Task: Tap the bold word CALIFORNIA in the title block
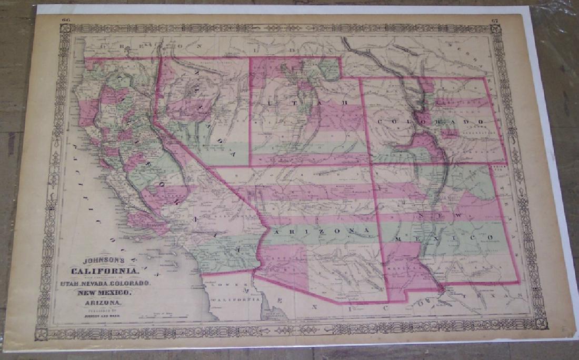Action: [x=105, y=271]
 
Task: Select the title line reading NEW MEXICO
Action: [x=102, y=293]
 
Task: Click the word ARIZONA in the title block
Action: [x=102, y=303]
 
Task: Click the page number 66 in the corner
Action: [x=66, y=20]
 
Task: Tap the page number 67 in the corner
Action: [x=494, y=21]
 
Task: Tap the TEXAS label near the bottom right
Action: [x=496, y=295]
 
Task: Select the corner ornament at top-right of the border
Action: [x=495, y=29]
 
